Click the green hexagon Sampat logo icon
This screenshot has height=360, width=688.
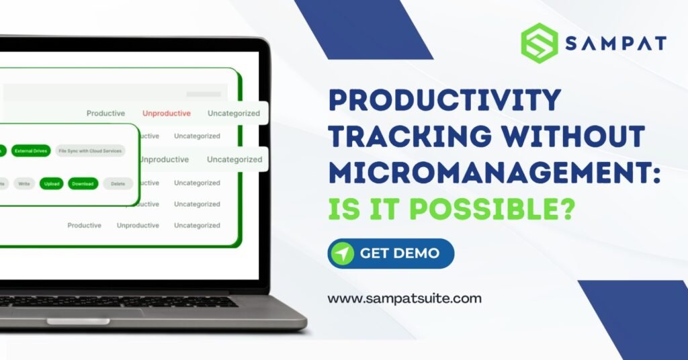(x=539, y=43)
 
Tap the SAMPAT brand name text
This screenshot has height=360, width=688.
(x=615, y=44)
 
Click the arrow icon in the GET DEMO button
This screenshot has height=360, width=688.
(x=343, y=254)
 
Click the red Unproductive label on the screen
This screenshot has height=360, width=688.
(x=166, y=114)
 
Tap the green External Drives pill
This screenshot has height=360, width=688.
(x=31, y=151)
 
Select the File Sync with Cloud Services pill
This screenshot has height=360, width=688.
(x=90, y=151)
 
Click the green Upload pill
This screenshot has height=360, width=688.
(x=51, y=183)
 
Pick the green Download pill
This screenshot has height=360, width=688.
(x=82, y=183)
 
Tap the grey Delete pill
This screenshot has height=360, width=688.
(x=118, y=183)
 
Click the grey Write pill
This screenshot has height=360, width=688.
(x=24, y=183)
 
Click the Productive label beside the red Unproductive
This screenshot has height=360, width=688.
(x=105, y=114)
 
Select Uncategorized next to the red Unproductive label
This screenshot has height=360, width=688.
(x=233, y=114)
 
